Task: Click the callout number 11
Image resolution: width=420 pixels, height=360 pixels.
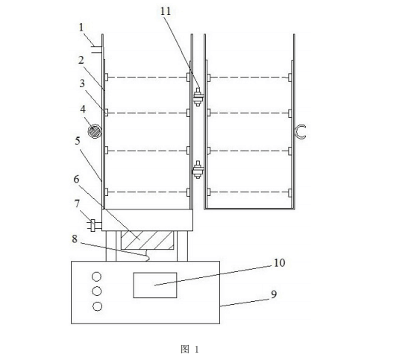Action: coord(166,11)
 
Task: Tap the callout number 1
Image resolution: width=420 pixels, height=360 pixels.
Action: coord(81,28)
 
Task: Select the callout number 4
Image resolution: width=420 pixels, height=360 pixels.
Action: coord(83,110)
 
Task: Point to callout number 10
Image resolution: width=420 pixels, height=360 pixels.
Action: coord(279,263)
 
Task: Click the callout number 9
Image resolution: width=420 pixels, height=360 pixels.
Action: coord(274,294)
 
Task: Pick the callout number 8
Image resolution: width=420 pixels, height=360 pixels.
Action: coord(75,239)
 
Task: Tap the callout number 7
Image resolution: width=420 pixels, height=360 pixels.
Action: coord(77,203)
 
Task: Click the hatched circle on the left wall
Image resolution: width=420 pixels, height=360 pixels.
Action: coord(95,131)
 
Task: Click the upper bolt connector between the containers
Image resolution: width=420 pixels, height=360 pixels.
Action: coord(198,97)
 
